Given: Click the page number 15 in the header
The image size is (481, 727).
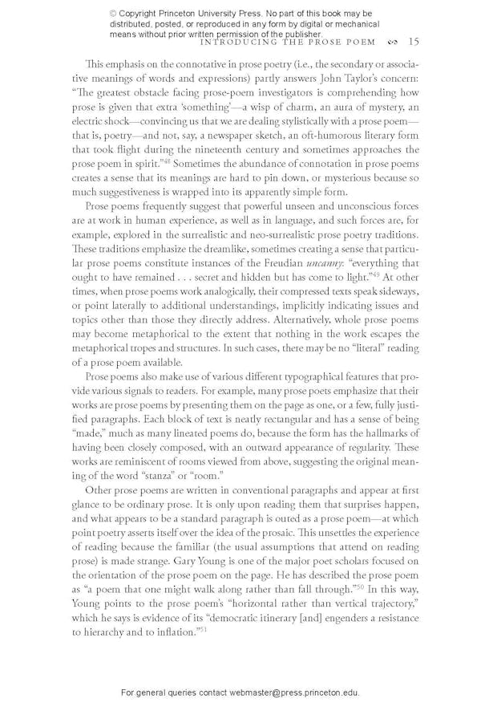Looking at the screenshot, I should (413, 42).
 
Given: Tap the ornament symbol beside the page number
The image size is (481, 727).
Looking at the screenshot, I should (391, 42).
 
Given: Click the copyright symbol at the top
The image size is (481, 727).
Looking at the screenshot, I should (112, 14).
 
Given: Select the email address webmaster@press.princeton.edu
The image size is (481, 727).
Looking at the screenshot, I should (294, 692).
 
